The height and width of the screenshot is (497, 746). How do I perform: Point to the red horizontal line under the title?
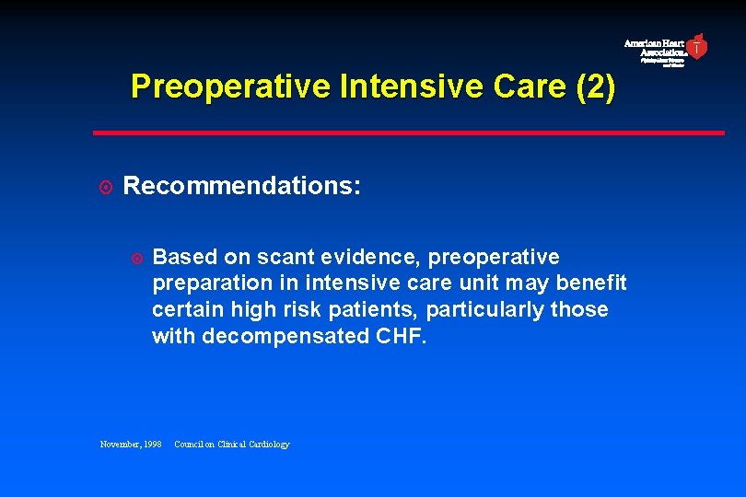click(x=409, y=133)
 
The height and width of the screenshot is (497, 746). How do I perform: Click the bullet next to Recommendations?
click(x=106, y=188)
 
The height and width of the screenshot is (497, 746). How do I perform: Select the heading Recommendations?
click(x=242, y=187)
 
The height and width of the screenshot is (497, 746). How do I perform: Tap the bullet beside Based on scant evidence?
click(x=136, y=257)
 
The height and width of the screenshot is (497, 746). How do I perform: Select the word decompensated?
click(x=286, y=336)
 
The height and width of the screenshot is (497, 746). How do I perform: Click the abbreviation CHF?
click(x=402, y=336)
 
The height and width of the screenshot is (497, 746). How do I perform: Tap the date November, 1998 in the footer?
click(x=131, y=445)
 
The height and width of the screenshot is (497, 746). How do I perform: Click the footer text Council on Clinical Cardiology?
click(x=231, y=445)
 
